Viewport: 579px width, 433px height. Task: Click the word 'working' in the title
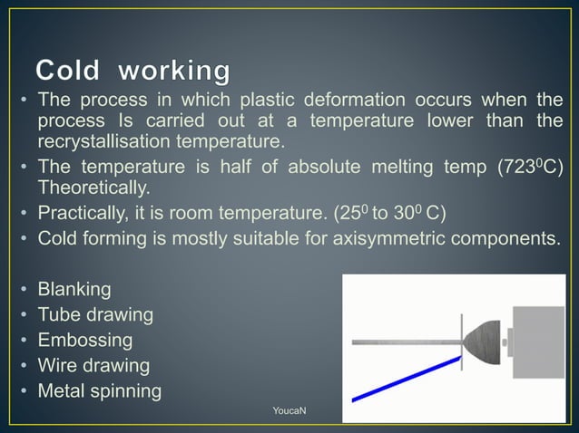pos(174,71)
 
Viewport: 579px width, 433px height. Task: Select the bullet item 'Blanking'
pos(74,291)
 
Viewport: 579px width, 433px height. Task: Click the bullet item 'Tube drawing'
pos(95,316)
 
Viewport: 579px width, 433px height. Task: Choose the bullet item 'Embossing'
pos(84,342)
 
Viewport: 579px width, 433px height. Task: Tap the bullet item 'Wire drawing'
pos(93,367)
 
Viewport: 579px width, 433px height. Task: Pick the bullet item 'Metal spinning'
pos(99,392)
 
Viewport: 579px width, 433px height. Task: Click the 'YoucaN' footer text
pos(289,412)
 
